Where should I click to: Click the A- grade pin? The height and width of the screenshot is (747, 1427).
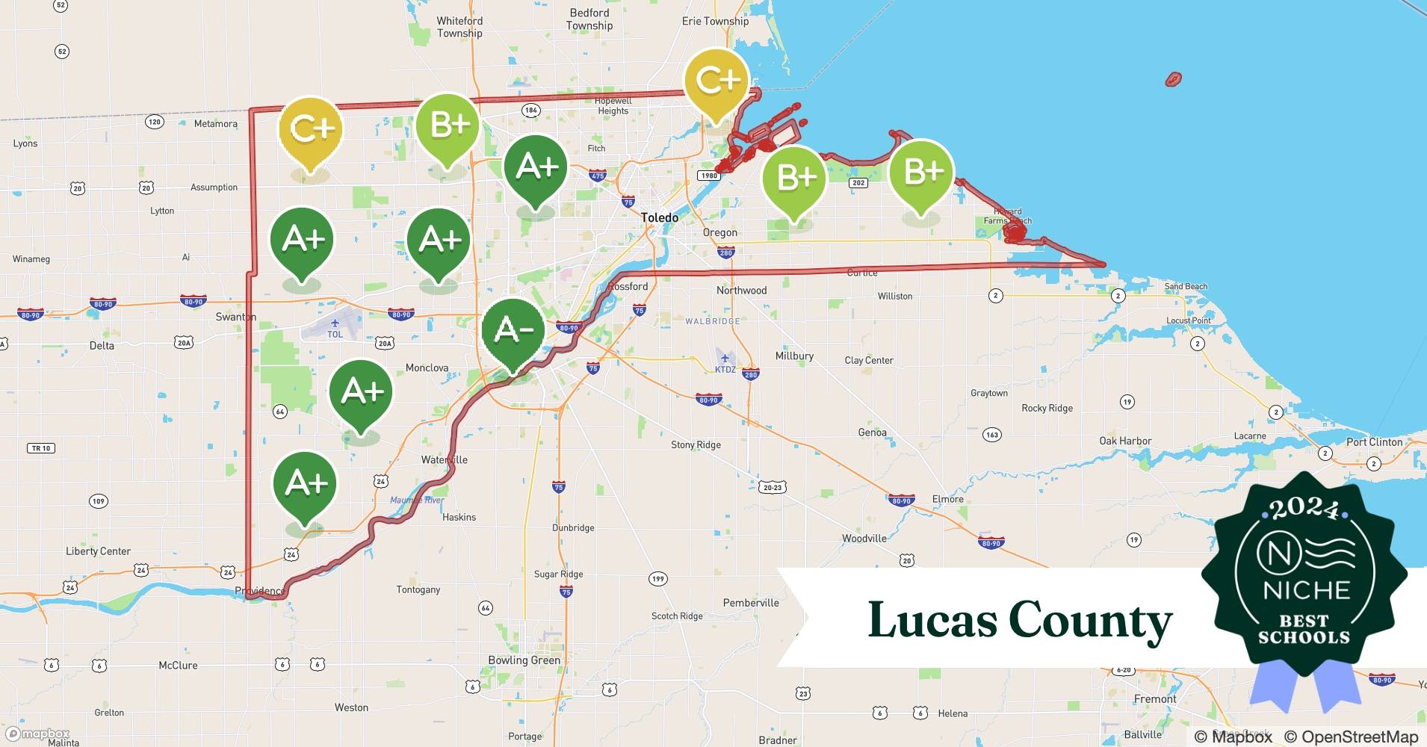(x=513, y=331)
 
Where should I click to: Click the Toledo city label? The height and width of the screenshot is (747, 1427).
(x=660, y=217)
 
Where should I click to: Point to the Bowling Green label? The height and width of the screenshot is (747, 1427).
(x=524, y=660)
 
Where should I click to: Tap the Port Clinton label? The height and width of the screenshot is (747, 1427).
(x=1374, y=441)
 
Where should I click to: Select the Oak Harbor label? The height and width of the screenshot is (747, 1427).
(x=1124, y=441)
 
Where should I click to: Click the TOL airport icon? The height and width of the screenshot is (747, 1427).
(x=335, y=323)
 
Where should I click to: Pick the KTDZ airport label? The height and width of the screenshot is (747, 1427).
(x=725, y=370)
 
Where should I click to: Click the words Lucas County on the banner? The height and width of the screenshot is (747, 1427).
(x=1020, y=620)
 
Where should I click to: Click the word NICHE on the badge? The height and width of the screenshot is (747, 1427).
(x=1306, y=591)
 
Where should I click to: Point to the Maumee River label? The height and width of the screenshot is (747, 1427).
(x=417, y=500)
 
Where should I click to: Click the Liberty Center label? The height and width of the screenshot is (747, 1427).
(x=98, y=551)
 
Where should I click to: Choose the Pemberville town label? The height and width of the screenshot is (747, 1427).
(x=750, y=603)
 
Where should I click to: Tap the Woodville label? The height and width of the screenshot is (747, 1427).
(x=864, y=538)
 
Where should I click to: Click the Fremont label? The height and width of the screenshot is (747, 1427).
(x=1154, y=699)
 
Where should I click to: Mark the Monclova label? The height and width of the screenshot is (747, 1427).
(x=427, y=368)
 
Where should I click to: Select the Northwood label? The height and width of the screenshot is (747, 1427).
(x=741, y=290)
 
